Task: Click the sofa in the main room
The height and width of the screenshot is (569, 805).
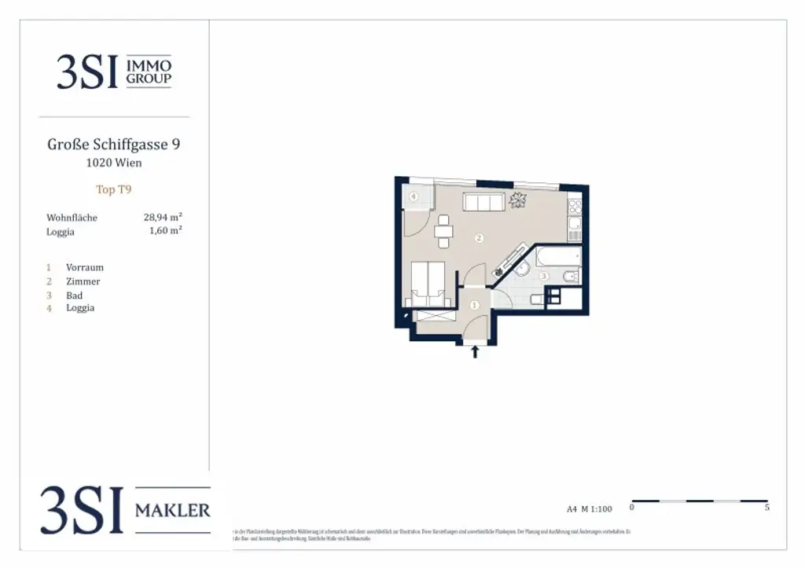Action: click(483, 203)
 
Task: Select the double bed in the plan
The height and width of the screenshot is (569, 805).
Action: click(428, 283)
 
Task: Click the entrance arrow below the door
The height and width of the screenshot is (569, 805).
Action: click(475, 352)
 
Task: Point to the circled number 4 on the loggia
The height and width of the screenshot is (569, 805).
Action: click(413, 196)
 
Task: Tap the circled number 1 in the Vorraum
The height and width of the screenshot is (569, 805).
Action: click(474, 305)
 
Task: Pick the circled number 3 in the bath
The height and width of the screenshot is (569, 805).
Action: click(543, 277)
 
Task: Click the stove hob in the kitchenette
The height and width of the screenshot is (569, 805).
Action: click(575, 206)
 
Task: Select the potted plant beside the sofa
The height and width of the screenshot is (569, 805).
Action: click(517, 200)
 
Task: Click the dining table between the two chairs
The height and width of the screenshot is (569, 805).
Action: click(444, 232)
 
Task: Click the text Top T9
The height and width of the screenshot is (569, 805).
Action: click(114, 189)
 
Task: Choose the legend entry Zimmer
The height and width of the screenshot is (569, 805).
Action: click(83, 281)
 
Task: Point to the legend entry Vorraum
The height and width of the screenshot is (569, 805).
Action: click(85, 267)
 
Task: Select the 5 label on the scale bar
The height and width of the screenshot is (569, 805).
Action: click(766, 508)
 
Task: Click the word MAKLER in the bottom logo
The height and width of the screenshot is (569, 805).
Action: click(173, 511)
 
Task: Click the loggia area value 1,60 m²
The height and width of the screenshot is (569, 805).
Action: click(166, 231)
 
